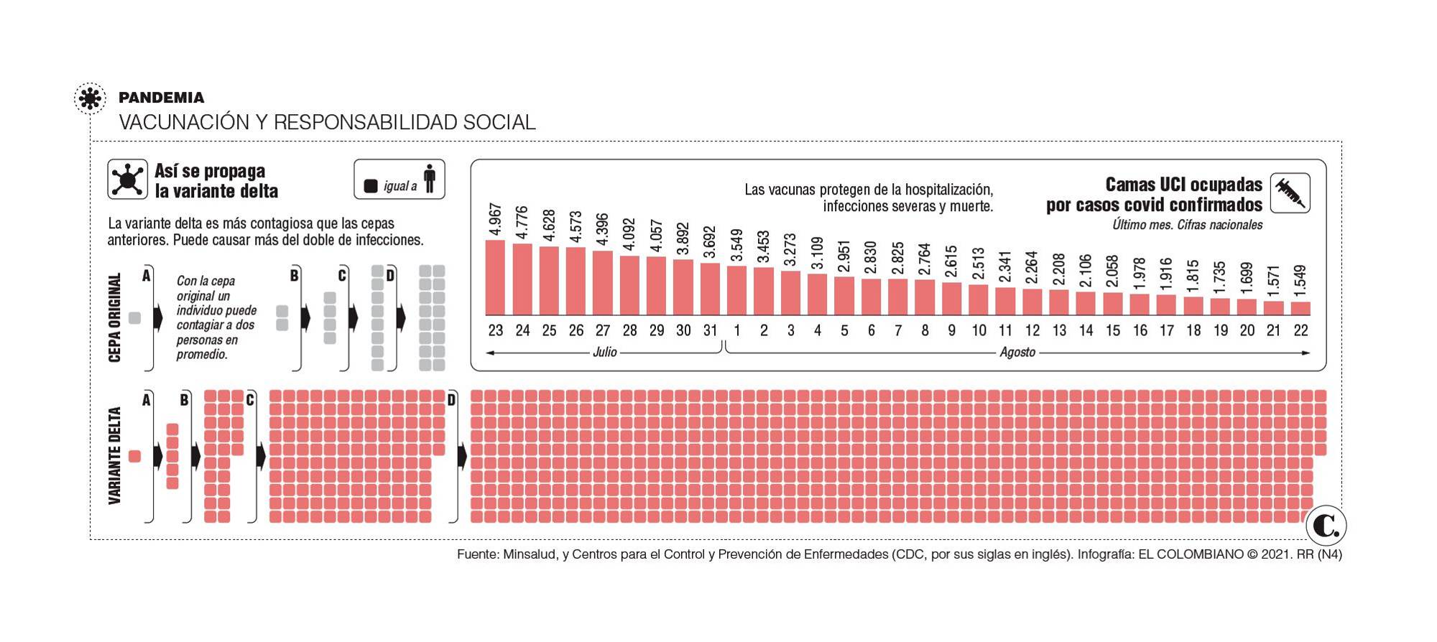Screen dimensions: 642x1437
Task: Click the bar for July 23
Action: click(495, 278)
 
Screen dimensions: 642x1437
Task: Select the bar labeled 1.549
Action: click(1300, 309)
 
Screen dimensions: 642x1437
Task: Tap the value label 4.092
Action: click(629, 234)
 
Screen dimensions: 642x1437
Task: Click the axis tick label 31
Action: click(710, 331)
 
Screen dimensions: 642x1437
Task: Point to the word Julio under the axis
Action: click(605, 353)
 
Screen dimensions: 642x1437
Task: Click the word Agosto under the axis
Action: click(1017, 353)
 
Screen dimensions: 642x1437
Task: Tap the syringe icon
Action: click(1290, 193)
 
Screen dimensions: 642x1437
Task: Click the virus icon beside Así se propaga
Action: click(128, 180)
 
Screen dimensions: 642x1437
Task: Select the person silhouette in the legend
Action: click(430, 180)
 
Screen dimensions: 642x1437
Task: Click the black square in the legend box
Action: click(371, 186)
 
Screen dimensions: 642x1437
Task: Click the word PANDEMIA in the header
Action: click(162, 98)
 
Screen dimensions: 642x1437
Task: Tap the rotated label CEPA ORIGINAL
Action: click(115, 317)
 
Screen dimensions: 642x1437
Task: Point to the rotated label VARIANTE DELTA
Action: click(115, 456)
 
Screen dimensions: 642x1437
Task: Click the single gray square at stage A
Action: click(134, 318)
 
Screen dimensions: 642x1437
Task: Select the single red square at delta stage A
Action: click(134, 456)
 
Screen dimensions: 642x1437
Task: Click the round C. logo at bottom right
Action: click(1326, 526)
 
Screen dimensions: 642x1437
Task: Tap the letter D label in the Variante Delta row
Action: click(452, 400)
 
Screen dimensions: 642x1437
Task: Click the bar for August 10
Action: click(979, 300)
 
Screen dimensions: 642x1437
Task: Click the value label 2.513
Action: click(979, 264)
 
